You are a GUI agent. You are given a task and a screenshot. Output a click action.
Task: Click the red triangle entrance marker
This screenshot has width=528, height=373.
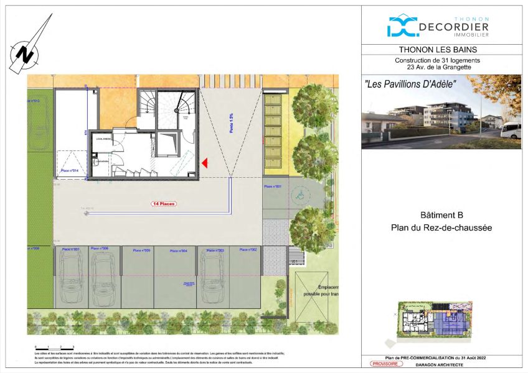tap(205, 163)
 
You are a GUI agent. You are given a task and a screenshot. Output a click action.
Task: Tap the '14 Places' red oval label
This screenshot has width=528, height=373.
tap(164, 203)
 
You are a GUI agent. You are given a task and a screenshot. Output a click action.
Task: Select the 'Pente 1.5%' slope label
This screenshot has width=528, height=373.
tap(230, 123)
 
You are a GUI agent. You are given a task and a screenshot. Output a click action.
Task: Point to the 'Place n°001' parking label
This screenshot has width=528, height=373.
tap(273, 186)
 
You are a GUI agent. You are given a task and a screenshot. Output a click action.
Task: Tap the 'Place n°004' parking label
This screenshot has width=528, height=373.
tap(179, 251)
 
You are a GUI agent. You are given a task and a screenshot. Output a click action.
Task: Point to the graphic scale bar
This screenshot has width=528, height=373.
tap(55, 348)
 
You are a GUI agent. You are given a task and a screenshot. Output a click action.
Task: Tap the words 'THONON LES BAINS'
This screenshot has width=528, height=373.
tap(441, 50)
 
